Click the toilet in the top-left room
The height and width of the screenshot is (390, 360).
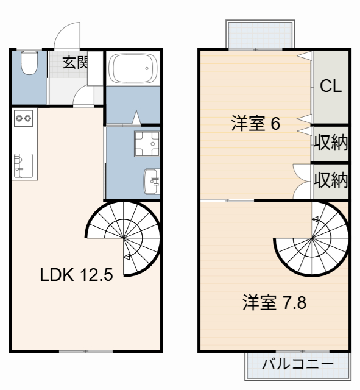tap(28, 63)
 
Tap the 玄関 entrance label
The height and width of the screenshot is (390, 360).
tap(74, 62)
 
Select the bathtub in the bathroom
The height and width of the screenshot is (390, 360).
tap(132, 69)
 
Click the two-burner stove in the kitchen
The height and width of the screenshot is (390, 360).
tap(23, 118)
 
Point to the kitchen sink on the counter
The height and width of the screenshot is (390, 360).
tap(21, 163)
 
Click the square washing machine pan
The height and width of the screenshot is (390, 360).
tap(146, 144)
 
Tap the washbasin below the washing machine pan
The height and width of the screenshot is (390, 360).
tap(151, 180)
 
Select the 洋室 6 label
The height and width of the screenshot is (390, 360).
tap(255, 124)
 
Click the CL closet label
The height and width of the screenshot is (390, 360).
tap(331, 86)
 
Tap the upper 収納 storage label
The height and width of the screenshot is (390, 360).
tap(331, 143)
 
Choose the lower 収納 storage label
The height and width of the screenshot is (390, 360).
tap(331, 180)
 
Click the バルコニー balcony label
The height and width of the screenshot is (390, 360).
tap(297, 366)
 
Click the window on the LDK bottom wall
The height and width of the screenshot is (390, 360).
tap(85, 351)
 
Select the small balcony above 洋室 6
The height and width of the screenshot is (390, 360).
tap(262, 34)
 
